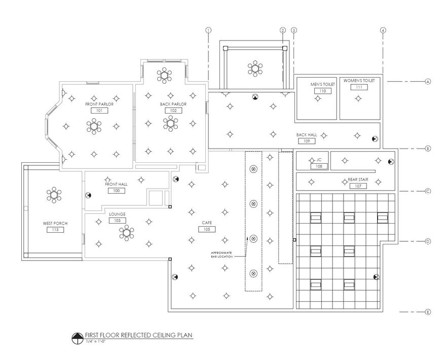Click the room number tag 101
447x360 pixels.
(x=99, y=110)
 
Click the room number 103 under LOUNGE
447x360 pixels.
(x=117, y=221)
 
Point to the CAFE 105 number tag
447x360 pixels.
(x=207, y=229)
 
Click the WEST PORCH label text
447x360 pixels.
(x=55, y=224)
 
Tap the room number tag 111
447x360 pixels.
(x=359, y=87)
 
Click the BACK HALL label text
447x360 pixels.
(x=307, y=135)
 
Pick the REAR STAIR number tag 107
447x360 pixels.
(x=358, y=186)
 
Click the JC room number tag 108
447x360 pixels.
(x=319, y=166)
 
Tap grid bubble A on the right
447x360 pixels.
(x=428, y=82)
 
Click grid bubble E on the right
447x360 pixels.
(x=428, y=312)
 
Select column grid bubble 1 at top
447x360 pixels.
(x=208, y=30)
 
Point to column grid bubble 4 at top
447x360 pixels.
(x=383, y=30)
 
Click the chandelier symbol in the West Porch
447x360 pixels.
(x=54, y=194)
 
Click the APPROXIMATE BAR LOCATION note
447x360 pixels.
(x=222, y=255)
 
